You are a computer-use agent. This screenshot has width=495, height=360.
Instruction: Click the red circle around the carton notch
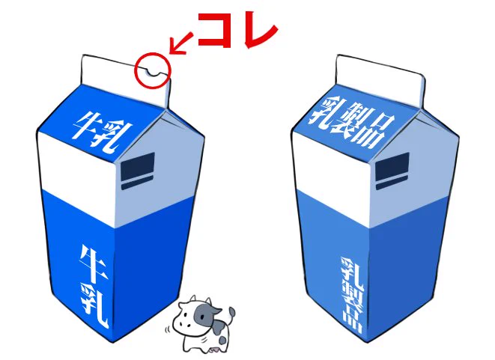click(153, 69)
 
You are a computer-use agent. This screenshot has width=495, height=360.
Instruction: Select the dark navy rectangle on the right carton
click(391, 172)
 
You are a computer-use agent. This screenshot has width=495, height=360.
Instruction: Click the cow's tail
click(231, 312)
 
